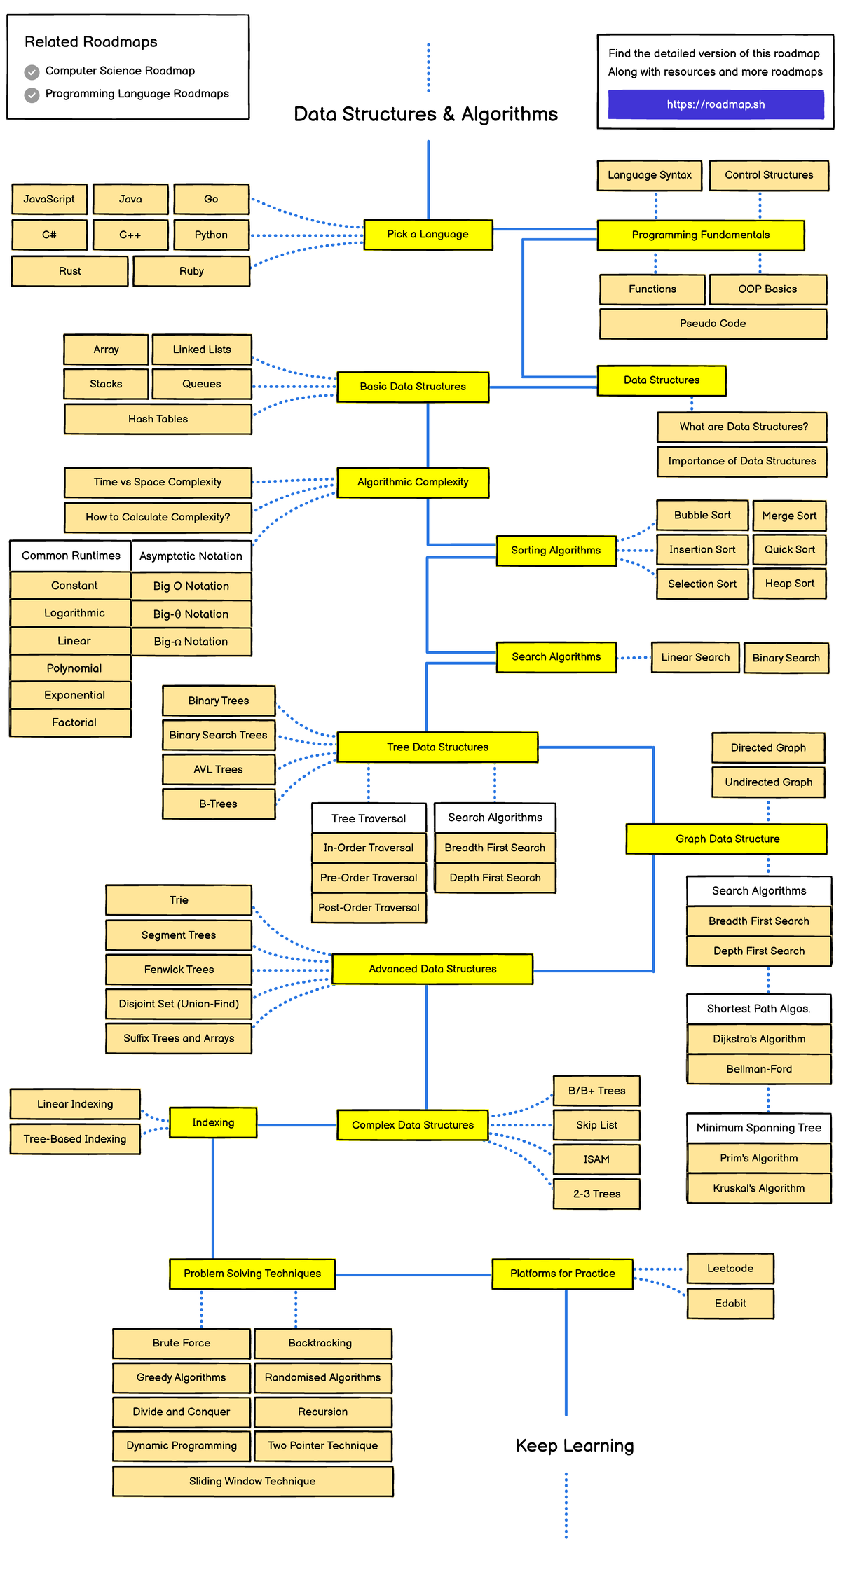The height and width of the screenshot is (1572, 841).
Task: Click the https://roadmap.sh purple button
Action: pyautogui.click(x=716, y=104)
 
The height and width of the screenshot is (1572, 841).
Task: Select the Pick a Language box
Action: pyautogui.click(x=428, y=235)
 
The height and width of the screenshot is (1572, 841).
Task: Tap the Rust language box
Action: pyautogui.click(x=69, y=271)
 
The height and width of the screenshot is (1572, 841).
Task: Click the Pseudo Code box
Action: pyautogui.click(x=713, y=324)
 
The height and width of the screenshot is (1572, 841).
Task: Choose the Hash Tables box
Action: pyautogui.click(x=158, y=419)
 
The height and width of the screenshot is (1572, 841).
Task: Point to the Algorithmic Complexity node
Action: pyautogui.click(x=412, y=483)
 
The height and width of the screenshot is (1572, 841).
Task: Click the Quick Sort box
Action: pyautogui.click(x=789, y=550)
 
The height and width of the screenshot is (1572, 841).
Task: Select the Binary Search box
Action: pyautogui.click(x=786, y=658)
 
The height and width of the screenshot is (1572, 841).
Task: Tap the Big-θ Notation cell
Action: pyautogui.click(x=191, y=614)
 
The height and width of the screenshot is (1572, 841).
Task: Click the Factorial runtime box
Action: pyautogui.click(x=74, y=722)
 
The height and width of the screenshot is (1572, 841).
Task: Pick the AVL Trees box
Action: pyautogui.click(x=218, y=769)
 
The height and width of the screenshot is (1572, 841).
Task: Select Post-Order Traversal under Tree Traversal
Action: pyautogui.click(x=369, y=908)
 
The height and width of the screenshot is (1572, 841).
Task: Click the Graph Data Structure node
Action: pyautogui.click(x=727, y=839)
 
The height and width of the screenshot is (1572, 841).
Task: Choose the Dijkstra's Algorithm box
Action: pyautogui.click(x=759, y=1039)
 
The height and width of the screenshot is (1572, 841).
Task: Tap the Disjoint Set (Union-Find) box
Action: pyautogui.click(x=179, y=1004)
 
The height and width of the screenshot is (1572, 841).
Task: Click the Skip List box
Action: pyautogui.click(x=596, y=1125)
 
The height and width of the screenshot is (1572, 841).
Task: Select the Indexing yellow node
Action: pyautogui.click(x=213, y=1123)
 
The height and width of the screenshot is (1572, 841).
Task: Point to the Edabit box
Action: pyautogui.click(x=730, y=1304)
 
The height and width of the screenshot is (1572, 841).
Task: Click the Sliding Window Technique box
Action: pyautogui.click(x=252, y=1481)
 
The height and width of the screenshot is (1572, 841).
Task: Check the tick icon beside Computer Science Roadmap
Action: pyautogui.click(x=32, y=72)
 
